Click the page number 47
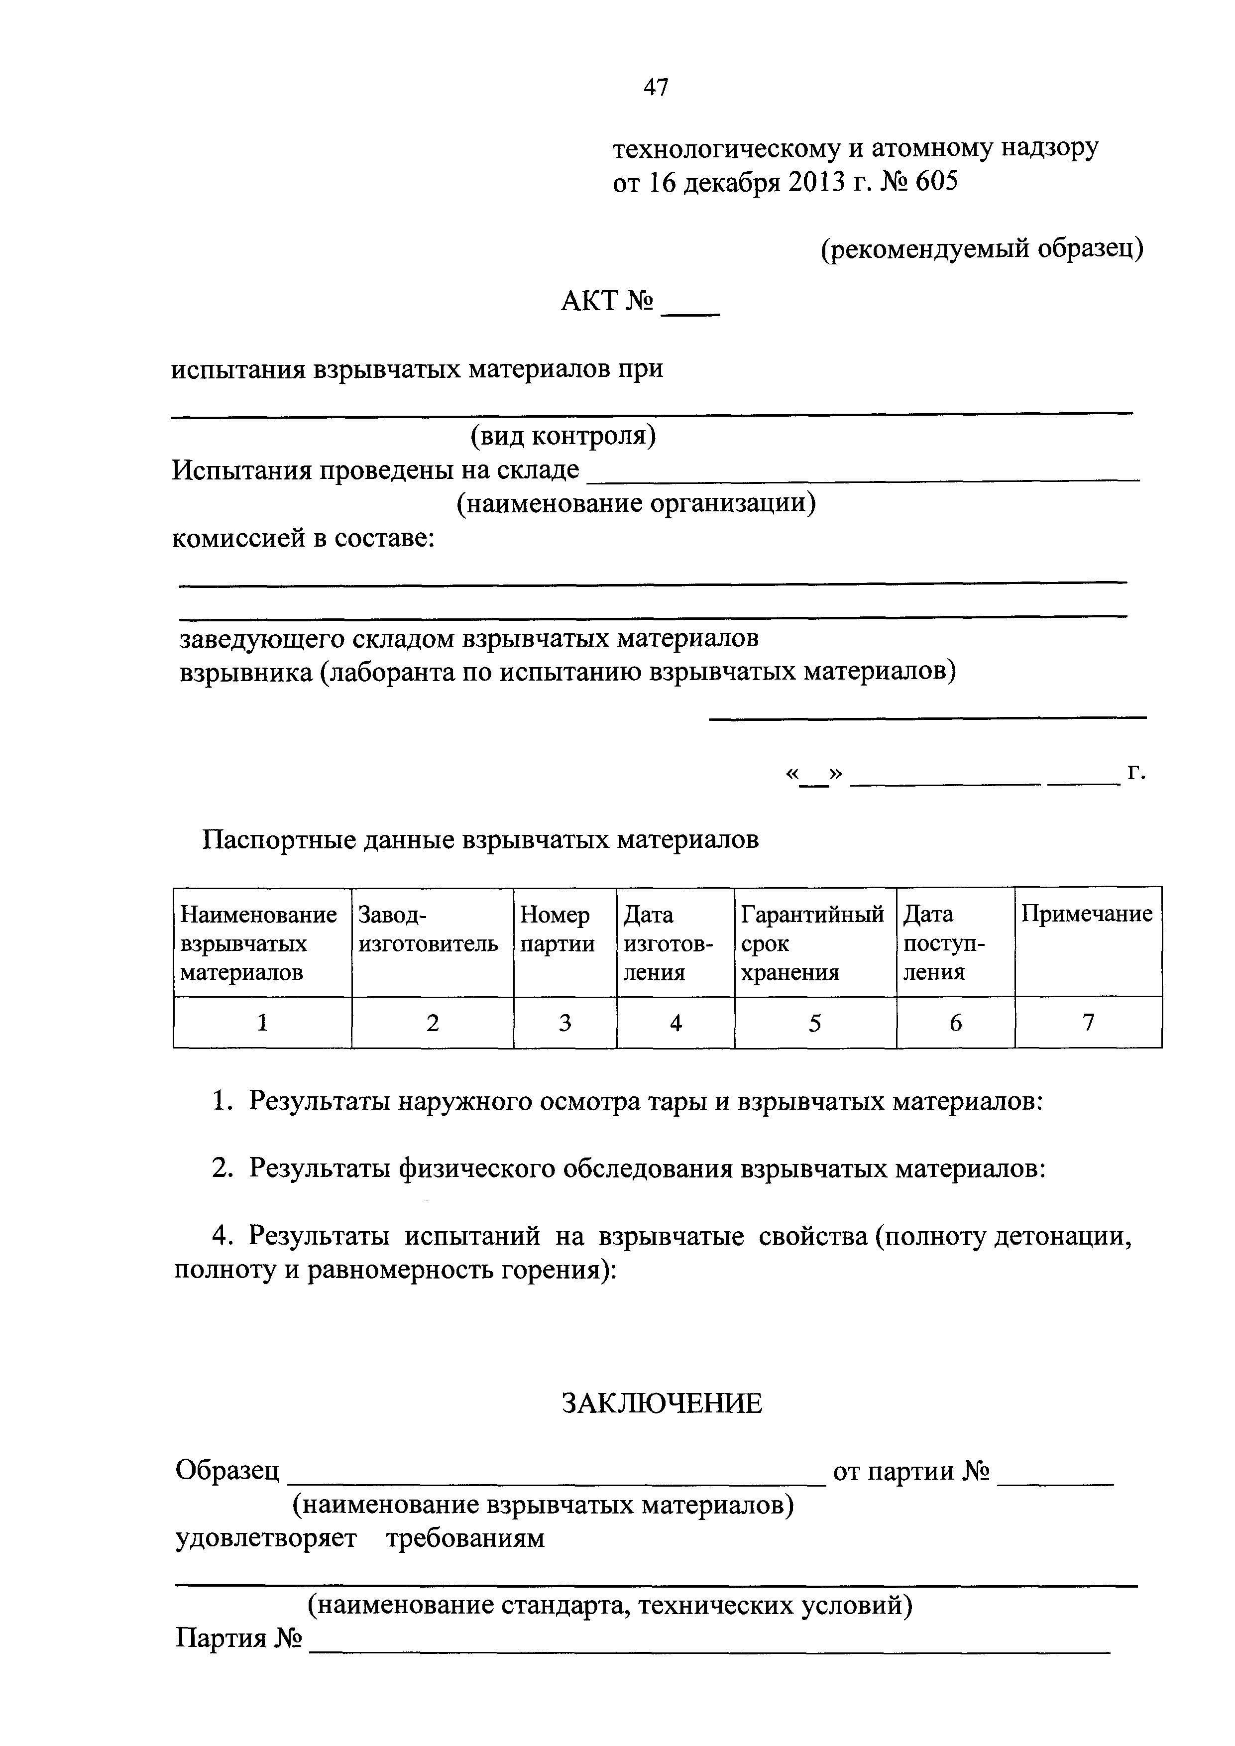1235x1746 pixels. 656,88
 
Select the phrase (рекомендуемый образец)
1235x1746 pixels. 982,248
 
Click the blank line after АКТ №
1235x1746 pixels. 690,310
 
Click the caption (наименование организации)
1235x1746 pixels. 636,503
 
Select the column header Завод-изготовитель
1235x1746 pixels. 428,930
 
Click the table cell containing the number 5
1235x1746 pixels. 814,1024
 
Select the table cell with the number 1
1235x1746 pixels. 262,1024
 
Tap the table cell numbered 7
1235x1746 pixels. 1088,1024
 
